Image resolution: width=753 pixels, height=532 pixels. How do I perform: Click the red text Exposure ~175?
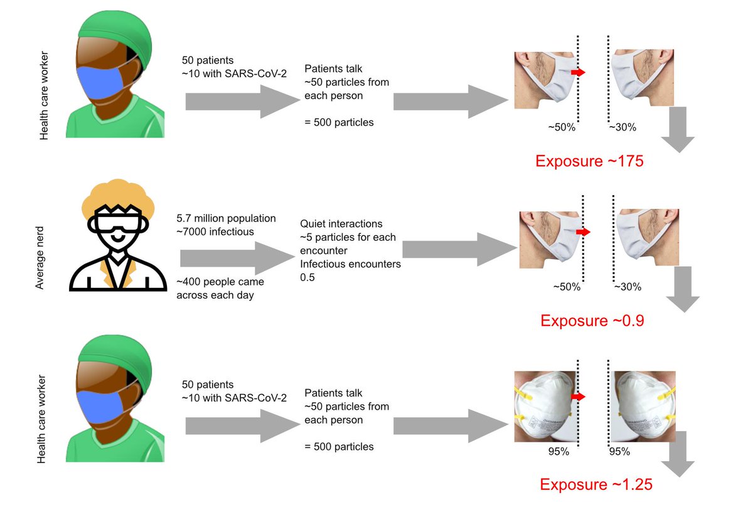coord(589,161)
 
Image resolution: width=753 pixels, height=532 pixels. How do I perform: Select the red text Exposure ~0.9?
coord(592,321)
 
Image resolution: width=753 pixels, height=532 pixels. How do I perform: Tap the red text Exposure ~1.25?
coord(596,484)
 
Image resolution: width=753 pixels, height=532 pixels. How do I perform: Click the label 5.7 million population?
coord(226,218)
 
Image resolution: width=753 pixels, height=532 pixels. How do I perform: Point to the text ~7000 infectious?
coord(215,232)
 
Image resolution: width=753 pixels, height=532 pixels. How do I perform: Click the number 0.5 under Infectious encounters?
coord(307,277)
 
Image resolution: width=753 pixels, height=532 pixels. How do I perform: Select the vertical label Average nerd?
coord(40,258)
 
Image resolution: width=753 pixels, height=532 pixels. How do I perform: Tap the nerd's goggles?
coord(118,222)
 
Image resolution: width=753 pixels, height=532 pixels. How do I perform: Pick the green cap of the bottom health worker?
coord(116,359)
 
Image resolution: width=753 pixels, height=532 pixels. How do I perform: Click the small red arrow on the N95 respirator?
coord(578,396)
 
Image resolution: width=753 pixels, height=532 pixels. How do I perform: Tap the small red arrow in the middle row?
coord(583,232)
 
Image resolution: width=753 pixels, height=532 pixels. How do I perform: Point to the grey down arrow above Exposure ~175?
coord(678,130)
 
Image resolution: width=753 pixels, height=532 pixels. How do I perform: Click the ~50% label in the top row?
coord(562,127)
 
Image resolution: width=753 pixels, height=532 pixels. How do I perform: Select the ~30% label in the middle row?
coord(627,287)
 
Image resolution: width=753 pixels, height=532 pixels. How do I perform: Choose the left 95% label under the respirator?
coord(558,451)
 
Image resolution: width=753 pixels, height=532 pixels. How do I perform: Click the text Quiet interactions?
coord(341,224)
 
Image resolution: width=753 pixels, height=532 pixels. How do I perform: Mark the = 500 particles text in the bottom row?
coord(339,447)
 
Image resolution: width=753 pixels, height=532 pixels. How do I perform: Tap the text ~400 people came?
coord(220,282)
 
